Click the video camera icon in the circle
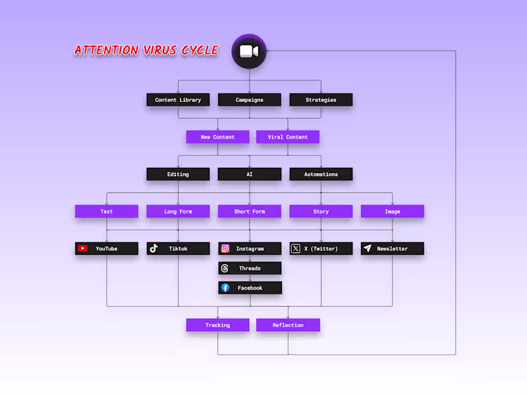(249, 51)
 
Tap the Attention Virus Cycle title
(146, 50)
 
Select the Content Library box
(178, 100)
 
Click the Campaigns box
(250, 100)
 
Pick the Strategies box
(321, 100)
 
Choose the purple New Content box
(217, 137)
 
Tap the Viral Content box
(288, 137)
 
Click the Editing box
(178, 174)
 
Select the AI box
(250, 174)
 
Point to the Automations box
(321, 174)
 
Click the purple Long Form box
(178, 211)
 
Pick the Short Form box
(250, 211)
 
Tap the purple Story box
(321, 211)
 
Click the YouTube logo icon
(83, 249)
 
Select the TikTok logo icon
(153, 249)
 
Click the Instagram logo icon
(225, 249)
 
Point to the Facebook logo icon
(225, 288)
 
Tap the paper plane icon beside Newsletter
(368, 249)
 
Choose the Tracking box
(217, 325)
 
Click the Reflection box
(288, 325)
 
